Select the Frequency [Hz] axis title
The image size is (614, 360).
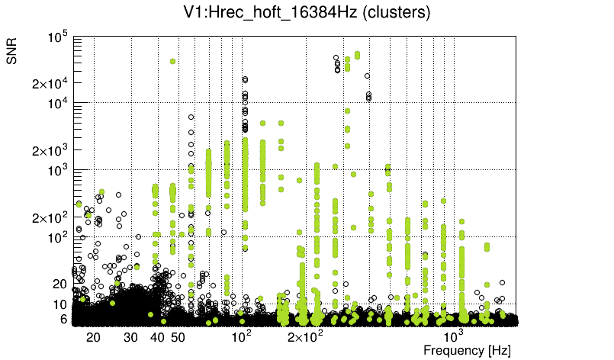(467, 351)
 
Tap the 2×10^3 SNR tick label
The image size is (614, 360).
(50, 151)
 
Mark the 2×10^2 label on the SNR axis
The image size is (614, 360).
(50, 218)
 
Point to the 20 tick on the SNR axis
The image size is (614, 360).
(60, 284)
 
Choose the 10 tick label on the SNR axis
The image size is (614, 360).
(60, 304)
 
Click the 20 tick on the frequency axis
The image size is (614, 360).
(93, 337)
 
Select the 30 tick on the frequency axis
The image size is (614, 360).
(130, 337)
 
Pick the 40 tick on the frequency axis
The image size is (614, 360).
(157, 337)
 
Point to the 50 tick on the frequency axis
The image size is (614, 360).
(178, 337)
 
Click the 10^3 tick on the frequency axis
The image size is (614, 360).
(454, 336)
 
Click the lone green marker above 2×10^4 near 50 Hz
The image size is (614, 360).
(173, 61)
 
